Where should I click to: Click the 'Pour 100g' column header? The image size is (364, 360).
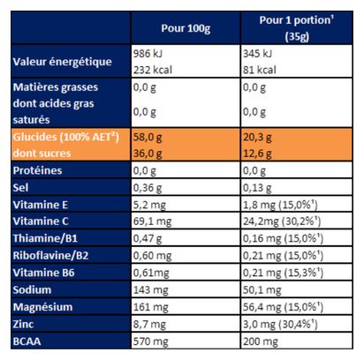[x=186, y=28]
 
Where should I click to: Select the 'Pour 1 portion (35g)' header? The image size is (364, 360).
[x=296, y=28]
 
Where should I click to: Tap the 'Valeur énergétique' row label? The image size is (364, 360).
[x=63, y=62]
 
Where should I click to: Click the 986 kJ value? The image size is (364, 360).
[x=148, y=54]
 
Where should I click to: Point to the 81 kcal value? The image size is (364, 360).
[x=260, y=70]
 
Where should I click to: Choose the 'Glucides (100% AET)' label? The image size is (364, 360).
[x=66, y=137]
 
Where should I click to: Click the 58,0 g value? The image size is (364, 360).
[x=148, y=138]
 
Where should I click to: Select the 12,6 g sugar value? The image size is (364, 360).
[x=257, y=154]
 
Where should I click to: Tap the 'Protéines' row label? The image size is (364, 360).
[x=37, y=170]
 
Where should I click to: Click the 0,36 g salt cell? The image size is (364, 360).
[x=148, y=188]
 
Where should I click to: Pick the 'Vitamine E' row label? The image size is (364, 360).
[x=41, y=205]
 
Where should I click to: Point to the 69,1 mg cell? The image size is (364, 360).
[x=152, y=221]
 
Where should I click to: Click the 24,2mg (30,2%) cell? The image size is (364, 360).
[x=282, y=221]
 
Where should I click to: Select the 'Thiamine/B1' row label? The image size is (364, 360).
[x=45, y=238]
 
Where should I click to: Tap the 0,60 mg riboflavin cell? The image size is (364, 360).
[x=152, y=256]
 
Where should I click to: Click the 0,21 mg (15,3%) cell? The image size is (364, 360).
[x=283, y=273]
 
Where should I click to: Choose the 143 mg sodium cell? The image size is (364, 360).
[x=151, y=290]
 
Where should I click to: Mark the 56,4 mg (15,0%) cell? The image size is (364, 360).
[x=283, y=307]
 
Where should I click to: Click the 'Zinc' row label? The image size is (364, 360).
[x=23, y=324]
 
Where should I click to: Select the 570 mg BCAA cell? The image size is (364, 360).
[x=151, y=341]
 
